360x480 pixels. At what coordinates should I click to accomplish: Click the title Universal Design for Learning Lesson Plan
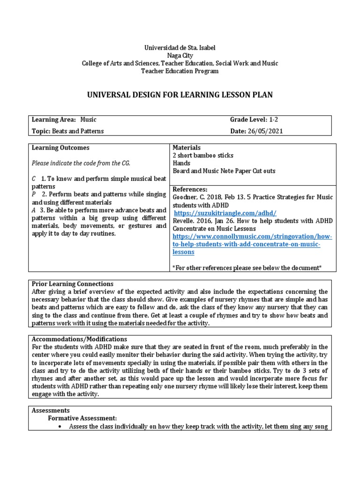pyautogui.click(x=180, y=95)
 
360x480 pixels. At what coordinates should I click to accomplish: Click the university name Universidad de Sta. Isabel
pyautogui.click(x=180, y=48)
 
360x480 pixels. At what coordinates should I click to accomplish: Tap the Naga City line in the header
pyautogui.click(x=180, y=55)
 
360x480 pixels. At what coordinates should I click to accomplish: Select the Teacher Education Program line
pyautogui.click(x=180, y=71)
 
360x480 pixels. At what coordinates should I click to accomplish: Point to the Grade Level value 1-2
pyautogui.click(x=274, y=120)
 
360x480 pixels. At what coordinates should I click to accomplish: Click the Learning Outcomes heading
pyautogui.click(x=60, y=148)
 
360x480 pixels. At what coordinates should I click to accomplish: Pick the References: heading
pyautogui.click(x=191, y=189)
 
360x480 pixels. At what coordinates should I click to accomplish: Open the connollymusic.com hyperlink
pyautogui.click(x=253, y=237)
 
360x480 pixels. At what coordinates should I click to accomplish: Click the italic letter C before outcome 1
pyautogui.click(x=34, y=179)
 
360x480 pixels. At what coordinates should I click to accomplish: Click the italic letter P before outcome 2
pyautogui.click(x=34, y=194)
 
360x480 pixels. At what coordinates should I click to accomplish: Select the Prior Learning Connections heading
pyautogui.click(x=72, y=284)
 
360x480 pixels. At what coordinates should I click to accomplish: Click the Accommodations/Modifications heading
pyautogui.click(x=79, y=339)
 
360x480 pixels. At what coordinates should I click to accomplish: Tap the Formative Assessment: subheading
pyautogui.click(x=82, y=418)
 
